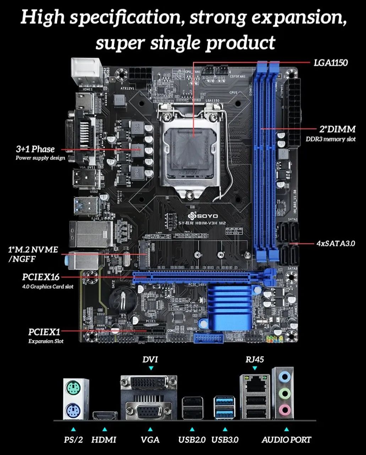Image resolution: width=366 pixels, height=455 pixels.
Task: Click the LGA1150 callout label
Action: click(x=331, y=63)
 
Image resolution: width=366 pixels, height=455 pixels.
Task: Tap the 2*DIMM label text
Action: click(x=337, y=129)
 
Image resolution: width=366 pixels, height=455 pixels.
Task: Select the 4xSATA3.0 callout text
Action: click(x=335, y=244)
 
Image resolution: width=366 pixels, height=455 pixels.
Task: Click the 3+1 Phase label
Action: click(x=35, y=149)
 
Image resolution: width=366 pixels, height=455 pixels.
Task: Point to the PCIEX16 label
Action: click(x=41, y=277)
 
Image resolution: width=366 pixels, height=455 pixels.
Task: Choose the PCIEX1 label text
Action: click(x=44, y=332)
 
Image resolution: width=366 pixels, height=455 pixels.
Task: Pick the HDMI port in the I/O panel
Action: click(x=105, y=415)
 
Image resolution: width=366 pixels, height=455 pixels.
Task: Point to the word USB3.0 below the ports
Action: click(x=225, y=440)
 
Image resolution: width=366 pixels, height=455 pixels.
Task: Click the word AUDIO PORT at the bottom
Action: click(x=286, y=440)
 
